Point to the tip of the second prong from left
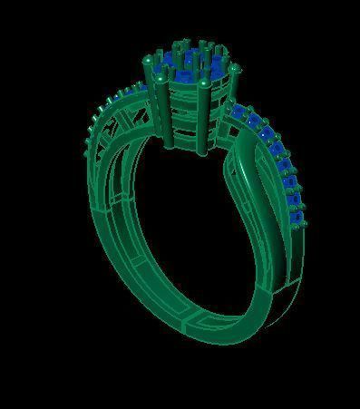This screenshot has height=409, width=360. coord(161,82)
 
